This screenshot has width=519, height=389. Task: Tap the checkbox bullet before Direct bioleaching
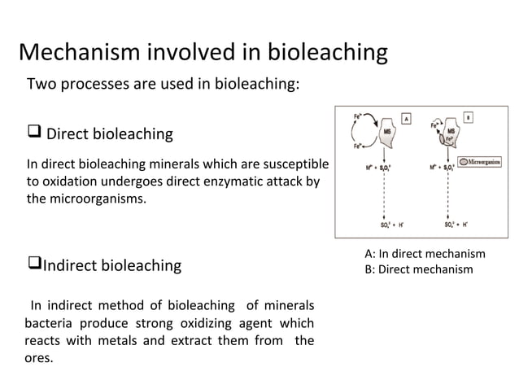pos(34,132)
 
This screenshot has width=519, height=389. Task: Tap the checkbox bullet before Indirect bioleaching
pos(33,264)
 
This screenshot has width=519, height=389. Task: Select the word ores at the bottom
pos(38,358)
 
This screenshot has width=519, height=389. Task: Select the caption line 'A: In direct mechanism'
pos(425,254)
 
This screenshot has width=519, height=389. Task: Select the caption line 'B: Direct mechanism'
pos(418,269)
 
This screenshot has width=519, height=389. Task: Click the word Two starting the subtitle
pos(42,84)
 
